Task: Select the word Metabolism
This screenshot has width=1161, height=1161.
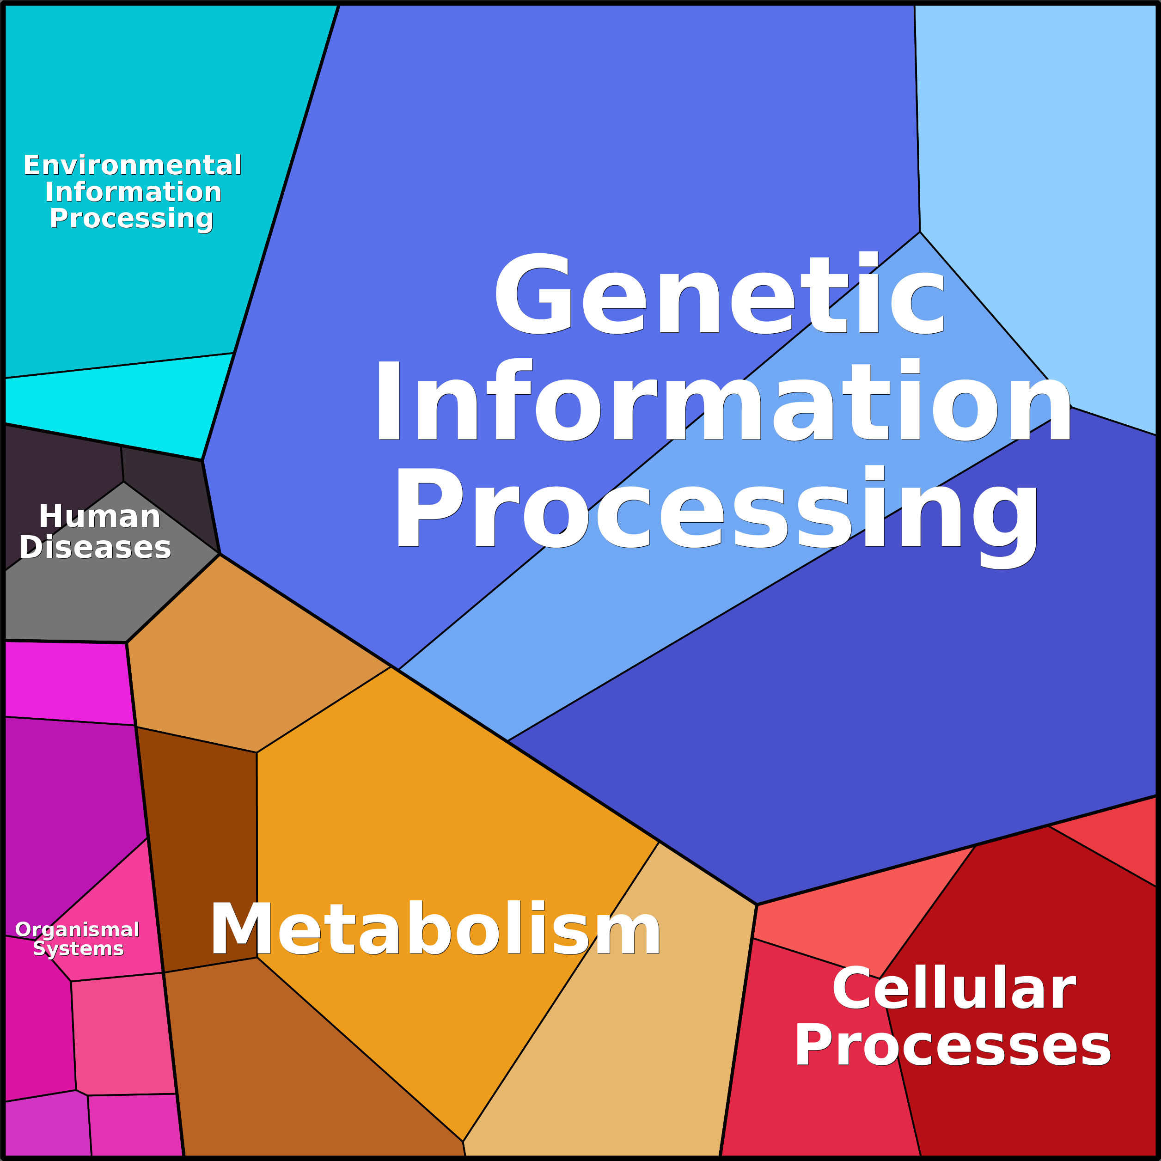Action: (x=434, y=930)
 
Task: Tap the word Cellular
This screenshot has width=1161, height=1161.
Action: (x=953, y=990)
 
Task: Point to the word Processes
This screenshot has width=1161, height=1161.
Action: (x=952, y=1046)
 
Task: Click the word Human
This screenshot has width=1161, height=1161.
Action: (x=100, y=517)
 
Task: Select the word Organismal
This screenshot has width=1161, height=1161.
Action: (x=78, y=929)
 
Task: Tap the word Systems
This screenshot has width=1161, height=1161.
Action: (x=78, y=949)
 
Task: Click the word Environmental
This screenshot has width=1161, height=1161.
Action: (x=132, y=165)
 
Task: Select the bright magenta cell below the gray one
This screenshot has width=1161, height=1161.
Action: (x=66, y=682)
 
